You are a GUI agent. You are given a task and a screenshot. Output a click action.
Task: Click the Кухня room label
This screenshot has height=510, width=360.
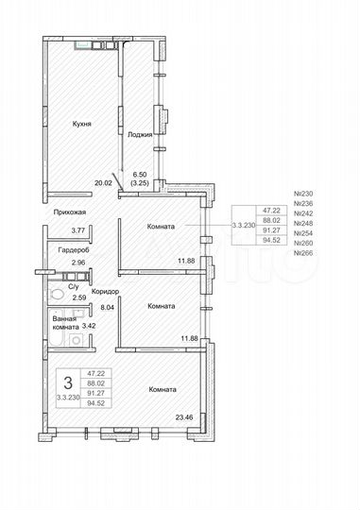(x=81, y=122)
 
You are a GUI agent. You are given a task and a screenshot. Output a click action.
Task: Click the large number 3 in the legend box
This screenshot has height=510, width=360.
(x=66, y=382)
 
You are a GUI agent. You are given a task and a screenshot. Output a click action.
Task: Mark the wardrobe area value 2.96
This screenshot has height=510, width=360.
(x=78, y=262)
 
